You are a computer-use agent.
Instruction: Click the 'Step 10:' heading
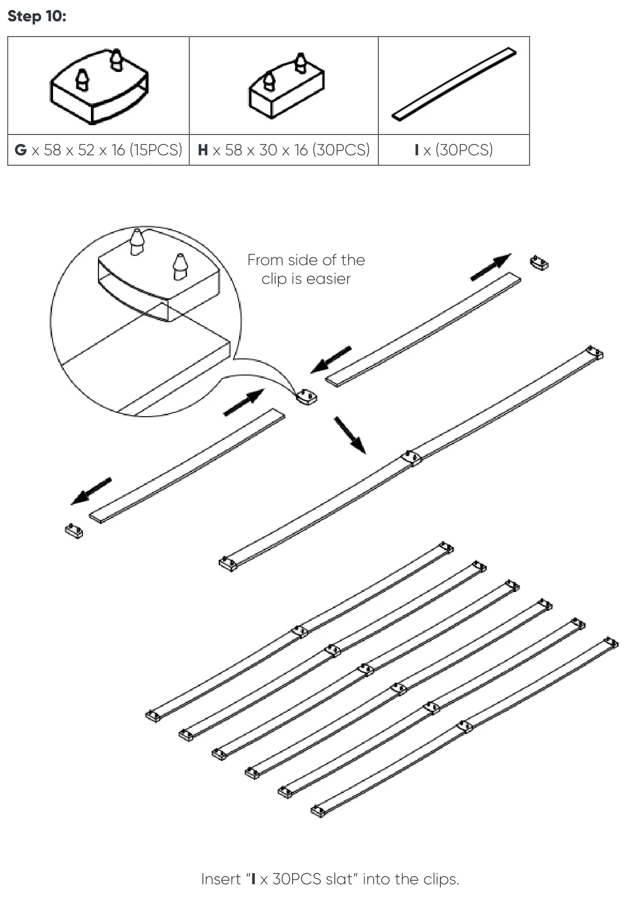37,16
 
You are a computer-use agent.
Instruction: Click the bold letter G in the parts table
20,150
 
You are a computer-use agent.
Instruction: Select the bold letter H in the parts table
203,150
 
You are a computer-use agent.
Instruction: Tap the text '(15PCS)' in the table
156,150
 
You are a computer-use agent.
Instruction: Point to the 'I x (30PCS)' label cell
453,150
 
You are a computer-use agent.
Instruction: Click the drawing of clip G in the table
99,86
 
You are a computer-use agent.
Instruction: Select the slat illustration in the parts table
454,84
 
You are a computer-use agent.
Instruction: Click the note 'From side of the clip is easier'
306,269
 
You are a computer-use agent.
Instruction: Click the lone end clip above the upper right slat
539,263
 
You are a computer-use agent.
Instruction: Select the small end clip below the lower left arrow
74,531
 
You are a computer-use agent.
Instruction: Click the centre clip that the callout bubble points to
306,396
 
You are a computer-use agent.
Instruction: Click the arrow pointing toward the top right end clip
490,267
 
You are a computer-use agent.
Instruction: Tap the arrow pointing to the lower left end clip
91,491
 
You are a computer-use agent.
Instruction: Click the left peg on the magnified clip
137,242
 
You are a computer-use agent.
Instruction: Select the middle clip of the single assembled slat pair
411,458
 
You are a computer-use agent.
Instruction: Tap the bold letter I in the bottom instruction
253,879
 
